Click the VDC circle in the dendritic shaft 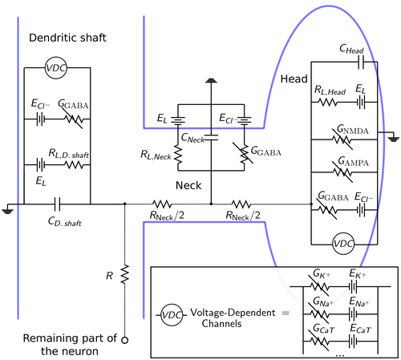55,68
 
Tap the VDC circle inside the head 343,244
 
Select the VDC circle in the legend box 172,315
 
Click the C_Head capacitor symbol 361,62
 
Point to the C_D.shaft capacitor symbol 57,204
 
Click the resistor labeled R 125,274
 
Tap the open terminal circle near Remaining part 124,340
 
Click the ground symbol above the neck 211,80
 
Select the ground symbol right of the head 394,139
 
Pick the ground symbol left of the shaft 8,212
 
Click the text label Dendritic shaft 67,38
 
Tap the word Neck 188,185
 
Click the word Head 294,79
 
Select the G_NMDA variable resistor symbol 342,140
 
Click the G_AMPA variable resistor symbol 342,172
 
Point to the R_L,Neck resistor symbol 178,155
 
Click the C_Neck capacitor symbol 211,137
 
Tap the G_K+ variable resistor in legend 319,287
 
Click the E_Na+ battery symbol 353,314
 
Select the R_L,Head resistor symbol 328,102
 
